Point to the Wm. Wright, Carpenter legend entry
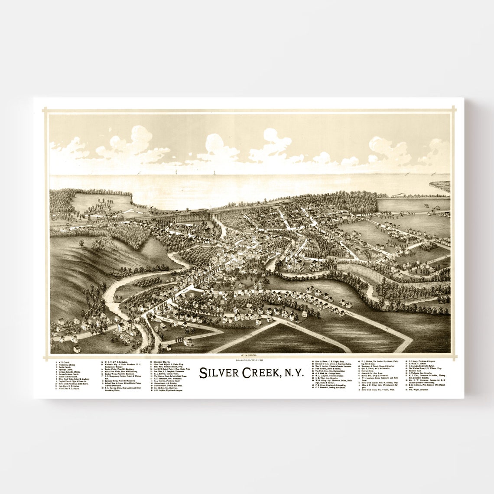coord(419,390)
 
